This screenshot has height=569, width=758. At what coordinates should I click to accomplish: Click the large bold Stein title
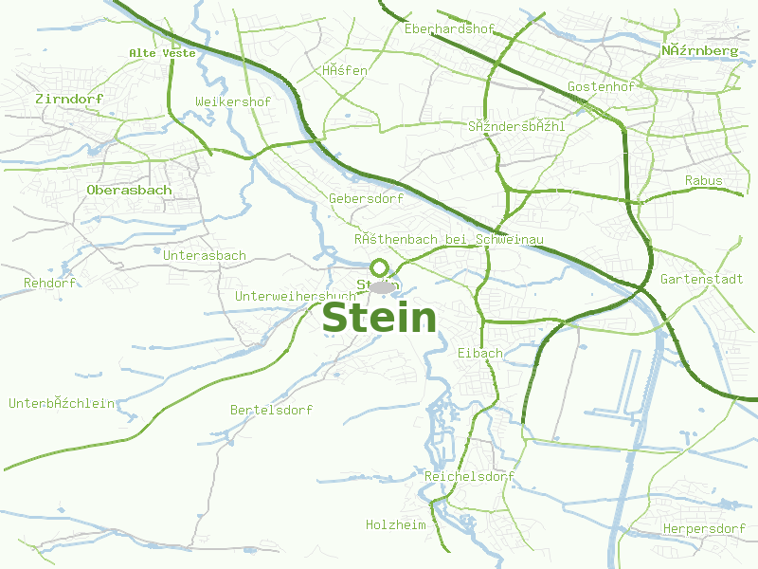(x=379, y=319)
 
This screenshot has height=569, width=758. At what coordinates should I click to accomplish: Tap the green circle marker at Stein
(x=379, y=267)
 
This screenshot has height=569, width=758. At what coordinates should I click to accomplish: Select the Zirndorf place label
(x=69, y=99)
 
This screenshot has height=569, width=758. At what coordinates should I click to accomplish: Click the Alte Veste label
(x=162, y=53)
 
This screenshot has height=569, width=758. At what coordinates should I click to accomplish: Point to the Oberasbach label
(x=129, y=190)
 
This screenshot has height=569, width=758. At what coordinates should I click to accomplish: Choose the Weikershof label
(x=233, y=101)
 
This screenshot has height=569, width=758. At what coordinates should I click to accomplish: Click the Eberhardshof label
(x=449, y=29)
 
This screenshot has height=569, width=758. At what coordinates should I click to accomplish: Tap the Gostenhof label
(x=600, y=87)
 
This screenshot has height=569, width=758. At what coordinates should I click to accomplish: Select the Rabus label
(x=703, y=180)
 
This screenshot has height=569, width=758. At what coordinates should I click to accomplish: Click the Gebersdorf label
(x=366, y=199)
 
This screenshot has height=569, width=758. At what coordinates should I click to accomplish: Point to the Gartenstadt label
(x=701, y=280)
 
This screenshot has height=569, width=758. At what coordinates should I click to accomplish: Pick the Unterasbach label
(x=205, y=256)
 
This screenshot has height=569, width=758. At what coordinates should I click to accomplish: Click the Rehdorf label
(x=49, y=284)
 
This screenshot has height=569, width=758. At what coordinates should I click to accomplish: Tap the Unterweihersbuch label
(x=295, y=297)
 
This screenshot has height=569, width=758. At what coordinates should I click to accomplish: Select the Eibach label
(x=479, y=353)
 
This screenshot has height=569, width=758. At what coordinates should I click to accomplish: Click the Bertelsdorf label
(x=271, y=410)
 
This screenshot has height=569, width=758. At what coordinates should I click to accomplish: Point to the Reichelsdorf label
(x=470, y=476)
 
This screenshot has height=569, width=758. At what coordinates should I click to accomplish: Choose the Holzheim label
(x=396, y=524)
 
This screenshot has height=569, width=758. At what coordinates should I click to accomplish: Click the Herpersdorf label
(x=704, y=528)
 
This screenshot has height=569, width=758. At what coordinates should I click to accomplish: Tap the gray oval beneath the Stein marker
(x=382, y=286)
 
